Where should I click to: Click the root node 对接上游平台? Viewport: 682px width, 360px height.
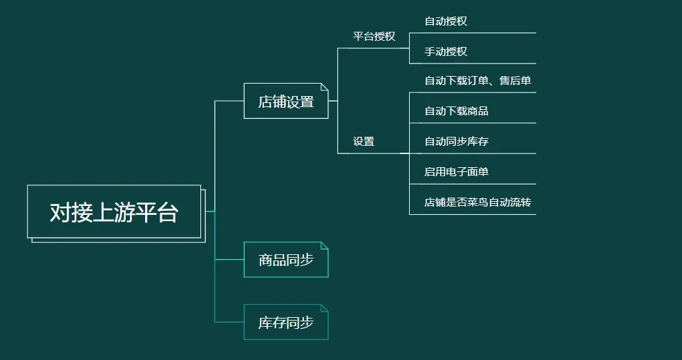tap(114, 212)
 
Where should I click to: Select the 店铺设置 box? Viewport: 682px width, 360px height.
tap(286, 102)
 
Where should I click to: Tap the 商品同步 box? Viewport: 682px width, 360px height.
tap(286, 260)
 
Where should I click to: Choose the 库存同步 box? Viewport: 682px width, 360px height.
tap(286, 322)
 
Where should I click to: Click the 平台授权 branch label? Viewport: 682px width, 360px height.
tap(374, 37)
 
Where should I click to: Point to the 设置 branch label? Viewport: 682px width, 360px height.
tap(363, 142)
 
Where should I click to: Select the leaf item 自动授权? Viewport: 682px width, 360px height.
tap(446, 21)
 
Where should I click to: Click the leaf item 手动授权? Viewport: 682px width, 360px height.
tap(446, 52)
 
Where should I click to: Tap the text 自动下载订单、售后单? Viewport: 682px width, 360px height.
tap(477, 82)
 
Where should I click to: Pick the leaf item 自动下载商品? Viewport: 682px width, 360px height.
tap(456, 111)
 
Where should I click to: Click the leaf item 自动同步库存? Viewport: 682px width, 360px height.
tap(456, 142)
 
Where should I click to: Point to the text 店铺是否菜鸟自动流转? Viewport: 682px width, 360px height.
tap(477, 202)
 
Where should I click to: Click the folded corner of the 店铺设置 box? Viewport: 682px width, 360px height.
tap(324, 87)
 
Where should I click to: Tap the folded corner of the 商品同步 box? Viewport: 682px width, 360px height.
tap(324, 245)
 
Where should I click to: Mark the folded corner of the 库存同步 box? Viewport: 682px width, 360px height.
tap(324, 307)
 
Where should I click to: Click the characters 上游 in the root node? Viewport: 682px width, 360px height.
tap(114, 212)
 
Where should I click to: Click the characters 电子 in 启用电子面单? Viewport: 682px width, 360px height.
tap(456, 172)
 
